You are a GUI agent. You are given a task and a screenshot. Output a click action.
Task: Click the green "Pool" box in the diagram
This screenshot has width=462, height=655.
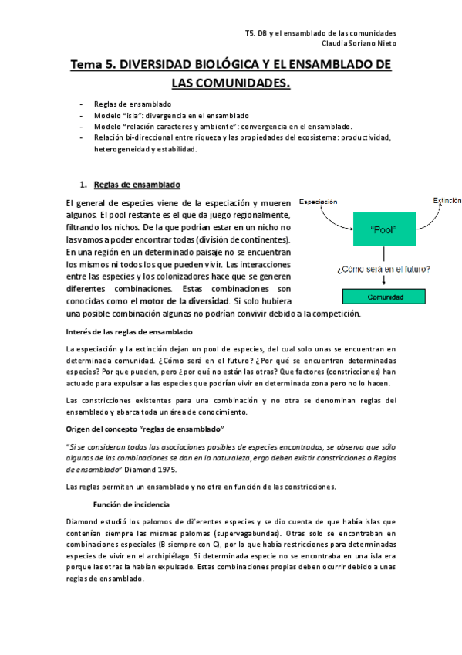click(383, 229)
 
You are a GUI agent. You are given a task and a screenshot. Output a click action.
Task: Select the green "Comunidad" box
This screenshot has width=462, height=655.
click(383, 296)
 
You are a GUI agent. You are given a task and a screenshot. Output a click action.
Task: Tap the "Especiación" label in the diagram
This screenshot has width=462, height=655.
click(318, 202)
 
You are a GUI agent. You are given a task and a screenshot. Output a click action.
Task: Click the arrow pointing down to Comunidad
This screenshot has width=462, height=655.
click(383, 281)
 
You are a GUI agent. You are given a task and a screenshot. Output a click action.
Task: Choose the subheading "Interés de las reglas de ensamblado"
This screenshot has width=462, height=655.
click(130, 332)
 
